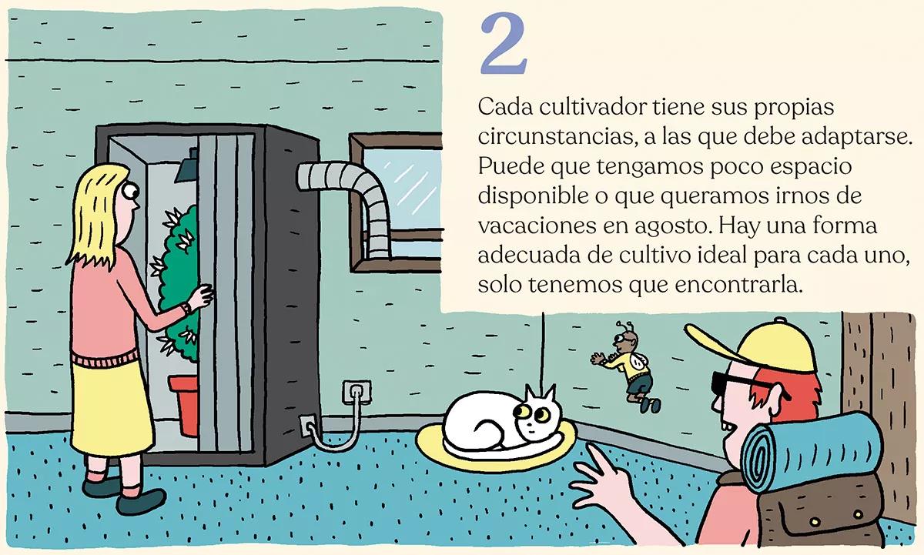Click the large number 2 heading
[x=504, y=45]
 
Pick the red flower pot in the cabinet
[x=184, y=404]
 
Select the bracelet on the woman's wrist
[x=185, y=309]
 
